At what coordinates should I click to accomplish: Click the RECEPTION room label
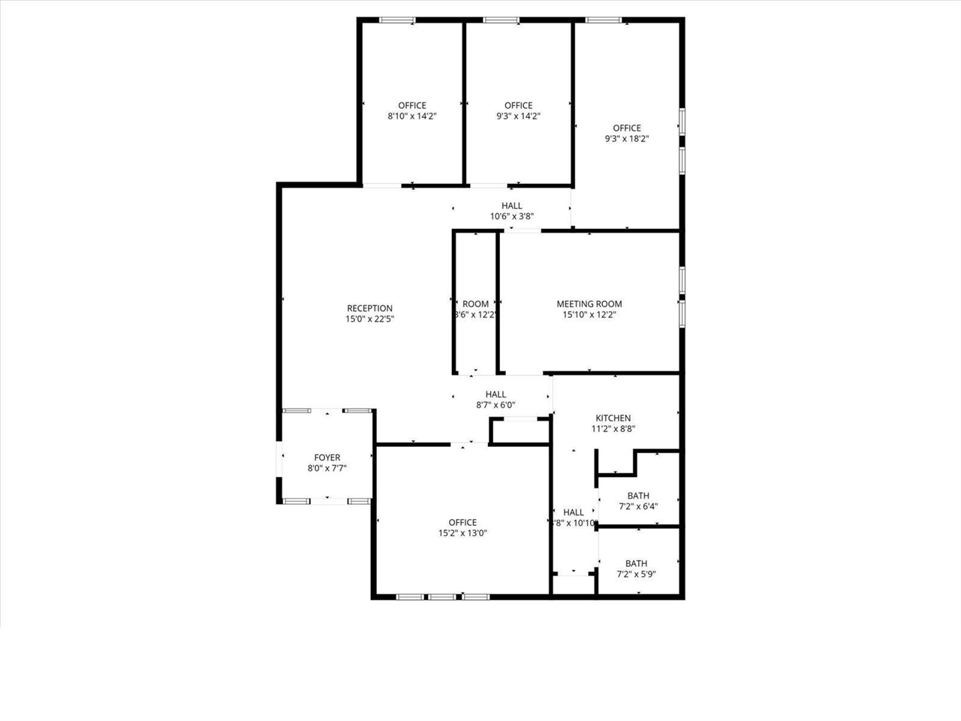(x=369, y=308)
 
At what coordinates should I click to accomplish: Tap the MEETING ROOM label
(x=589, y=304)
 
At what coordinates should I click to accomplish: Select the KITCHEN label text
(x=613, y=418)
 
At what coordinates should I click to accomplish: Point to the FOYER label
(x=327, y=457)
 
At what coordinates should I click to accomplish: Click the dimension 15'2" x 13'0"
(x=462, y=533)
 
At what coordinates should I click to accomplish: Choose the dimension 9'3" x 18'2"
(x=626, y=139)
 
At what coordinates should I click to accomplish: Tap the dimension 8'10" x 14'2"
(x=411, y=116)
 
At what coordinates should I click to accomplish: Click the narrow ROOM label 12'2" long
(x=475, y=304)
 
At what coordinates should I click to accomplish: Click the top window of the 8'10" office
(x=397, y=20)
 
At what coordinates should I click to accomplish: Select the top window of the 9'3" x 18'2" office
(x=603, y=20)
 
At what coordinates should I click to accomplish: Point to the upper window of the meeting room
(x=682, y=279)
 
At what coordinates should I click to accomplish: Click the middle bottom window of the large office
(x=442, y=597)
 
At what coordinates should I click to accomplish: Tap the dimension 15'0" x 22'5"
(x=369, y=319)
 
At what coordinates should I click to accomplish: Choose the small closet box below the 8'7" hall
(x=520, y=432)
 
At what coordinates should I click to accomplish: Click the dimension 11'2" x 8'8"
(x=613, y=430)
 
